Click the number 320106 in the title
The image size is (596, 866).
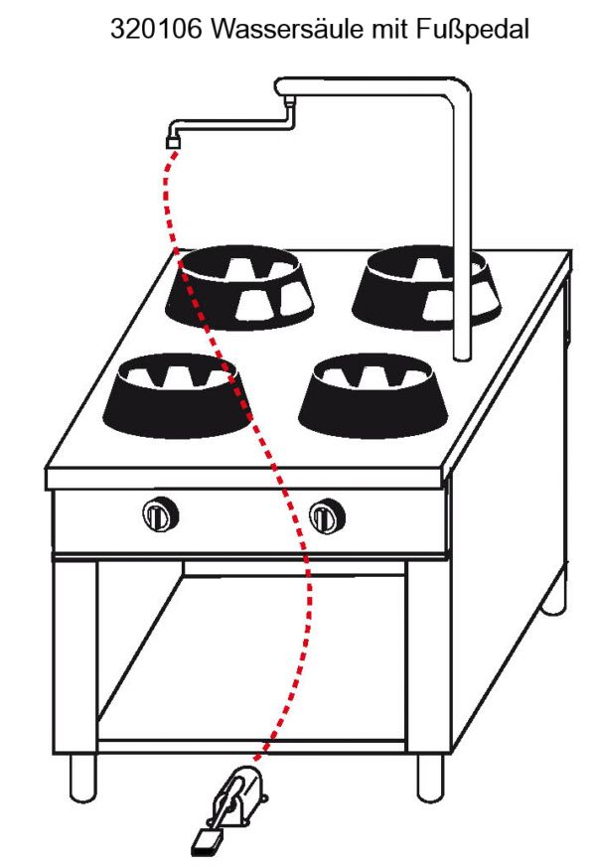(157, 29)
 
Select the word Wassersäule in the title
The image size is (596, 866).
(287, 29)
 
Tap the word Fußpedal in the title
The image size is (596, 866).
(473, 30)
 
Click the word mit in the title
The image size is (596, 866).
(390, 29)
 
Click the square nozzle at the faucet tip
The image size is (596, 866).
(174, 142)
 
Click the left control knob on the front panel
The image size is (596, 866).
(160, 514)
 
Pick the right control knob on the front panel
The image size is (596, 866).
(327, 515)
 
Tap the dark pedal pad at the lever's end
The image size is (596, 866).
(204, 842)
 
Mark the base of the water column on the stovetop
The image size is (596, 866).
(462, 355)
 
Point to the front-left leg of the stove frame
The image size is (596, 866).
(75, 657)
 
